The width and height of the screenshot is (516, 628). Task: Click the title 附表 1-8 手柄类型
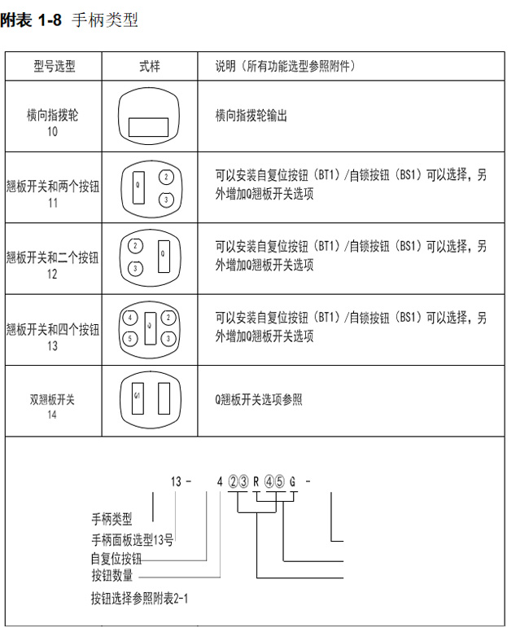[x=69, y=20]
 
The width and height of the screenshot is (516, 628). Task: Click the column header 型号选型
[x=54, y=66]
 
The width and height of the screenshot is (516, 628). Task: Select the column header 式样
[x=149, y=66]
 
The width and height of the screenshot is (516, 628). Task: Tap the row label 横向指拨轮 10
[x=52, y=123]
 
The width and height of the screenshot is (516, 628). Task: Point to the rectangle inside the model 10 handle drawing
[x=148, y=127]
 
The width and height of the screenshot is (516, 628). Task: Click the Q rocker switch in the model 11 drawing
[x=138, y=187]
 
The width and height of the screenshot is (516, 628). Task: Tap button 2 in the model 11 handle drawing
[x=166, y=177]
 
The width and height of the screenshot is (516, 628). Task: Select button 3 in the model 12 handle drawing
[x=135, y=268]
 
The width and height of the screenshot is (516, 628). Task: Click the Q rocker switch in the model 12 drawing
[x=164, y=257]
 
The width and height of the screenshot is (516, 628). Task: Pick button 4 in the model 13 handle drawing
[x=129, y=318]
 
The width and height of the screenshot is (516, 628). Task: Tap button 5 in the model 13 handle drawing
[x=129, y=339]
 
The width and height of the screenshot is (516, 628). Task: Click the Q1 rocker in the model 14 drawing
[x=138, y=398]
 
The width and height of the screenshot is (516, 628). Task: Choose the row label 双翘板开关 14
[x=52, y=406]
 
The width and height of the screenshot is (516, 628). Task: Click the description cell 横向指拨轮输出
[x=251, y=116]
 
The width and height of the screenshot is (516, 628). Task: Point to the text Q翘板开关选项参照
[x=259, y=400]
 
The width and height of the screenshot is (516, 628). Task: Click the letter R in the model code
[x=256, y=481]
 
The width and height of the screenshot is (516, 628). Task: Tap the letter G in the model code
[x=293, y=481]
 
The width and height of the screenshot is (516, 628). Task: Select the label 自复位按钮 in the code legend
[x=116, y=558]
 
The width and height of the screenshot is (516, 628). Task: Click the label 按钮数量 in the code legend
[x=112, y=576]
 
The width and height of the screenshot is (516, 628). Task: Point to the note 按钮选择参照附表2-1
[x=139, y=599]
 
